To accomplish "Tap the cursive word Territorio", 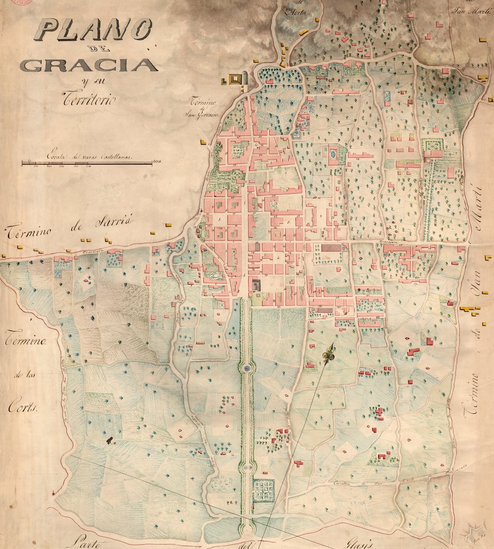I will (90, 98).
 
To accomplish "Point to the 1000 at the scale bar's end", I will (158, 161).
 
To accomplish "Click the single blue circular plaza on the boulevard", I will (247, 367).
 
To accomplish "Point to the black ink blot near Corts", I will (109, 440).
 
